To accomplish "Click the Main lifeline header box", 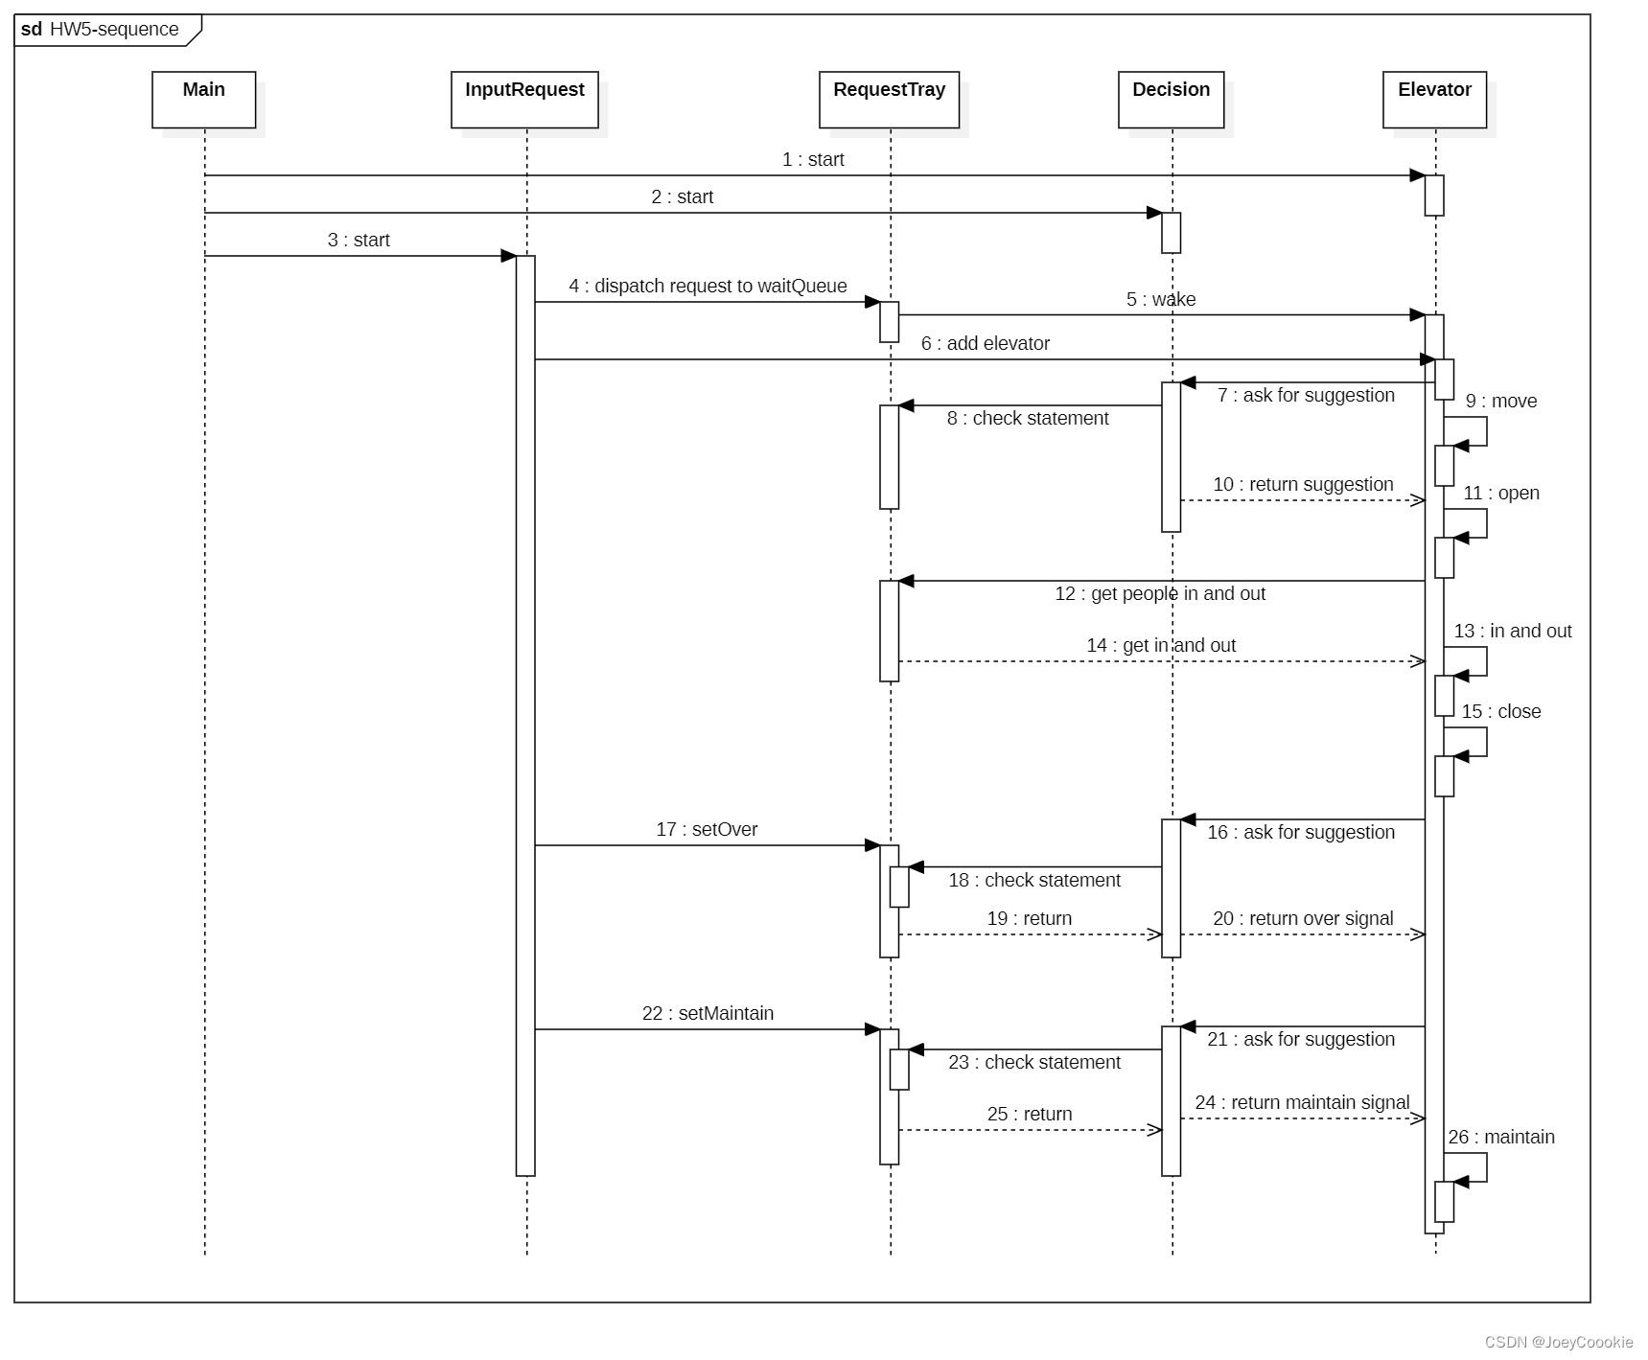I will pyautogui.click(x=203, y=99).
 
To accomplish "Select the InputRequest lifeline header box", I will pyautogui.click(x=524, y=99).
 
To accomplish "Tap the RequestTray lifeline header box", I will pyautogui.click(x=889, y=99).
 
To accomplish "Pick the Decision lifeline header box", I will pyautogui.click(x=1171, y=99).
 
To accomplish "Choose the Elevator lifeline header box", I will pyautogui.click(x=1434, y=99).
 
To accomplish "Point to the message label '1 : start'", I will pyautogui.click(x=813, y=160).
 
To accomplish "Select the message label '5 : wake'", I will pyautogui.click(x=1160, y=300).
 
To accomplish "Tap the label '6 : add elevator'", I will pyautogui.click(x=985, y=344).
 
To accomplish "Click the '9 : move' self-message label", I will pyautogui.click(x=1500, y=402).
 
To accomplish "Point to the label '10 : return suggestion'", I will pyautogui.click(x=1303, y=485).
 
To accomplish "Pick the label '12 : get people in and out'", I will pyautogui.click(x=1159, y=594).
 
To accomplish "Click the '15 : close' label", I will pyautogui.click(x=1500, y=712).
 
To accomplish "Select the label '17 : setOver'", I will pyautogui.click(x=707, y=830).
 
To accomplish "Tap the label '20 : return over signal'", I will pyautogui.click(x=1303, y=919).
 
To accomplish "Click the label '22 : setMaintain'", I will pyautogui.click(x=708, y=1014).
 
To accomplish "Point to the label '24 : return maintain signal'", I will pyautogui.click(x=1302, y=1103).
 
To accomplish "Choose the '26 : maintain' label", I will pyautogui.click(x=1500, y=1138).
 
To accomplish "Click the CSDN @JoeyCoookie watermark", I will pyautogui.click(x=1558, y=1342).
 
